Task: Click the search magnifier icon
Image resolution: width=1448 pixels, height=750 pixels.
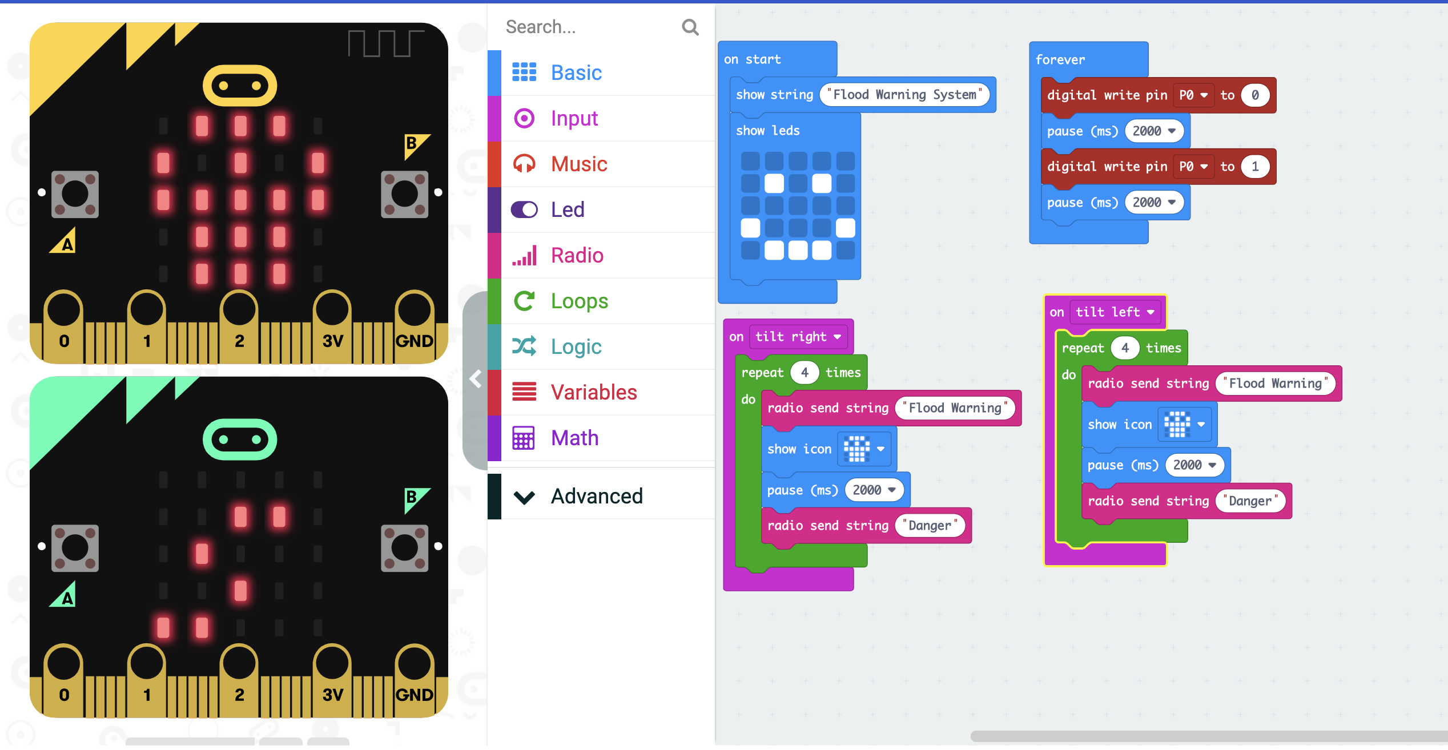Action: pos(690,27)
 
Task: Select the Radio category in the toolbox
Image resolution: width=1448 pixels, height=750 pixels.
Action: pos(577,255)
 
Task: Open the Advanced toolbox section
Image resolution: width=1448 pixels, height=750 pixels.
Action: pos(596,496)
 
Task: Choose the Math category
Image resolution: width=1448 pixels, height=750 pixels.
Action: pos(574,438)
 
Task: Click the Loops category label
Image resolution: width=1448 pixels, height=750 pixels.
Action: pos(579,301)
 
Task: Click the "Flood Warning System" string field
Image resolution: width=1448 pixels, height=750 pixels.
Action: pos(904,95)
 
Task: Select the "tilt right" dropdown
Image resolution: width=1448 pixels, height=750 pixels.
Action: pos(798,337)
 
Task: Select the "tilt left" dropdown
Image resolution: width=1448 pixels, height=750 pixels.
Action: pos(1115,312)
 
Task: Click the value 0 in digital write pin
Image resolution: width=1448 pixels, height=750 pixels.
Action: pos(1254,95)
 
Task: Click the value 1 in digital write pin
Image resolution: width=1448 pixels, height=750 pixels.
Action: pos(1254,167)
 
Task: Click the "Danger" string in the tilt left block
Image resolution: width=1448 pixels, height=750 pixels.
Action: pos(1249,501)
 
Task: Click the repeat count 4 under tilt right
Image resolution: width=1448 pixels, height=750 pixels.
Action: pos(804,373)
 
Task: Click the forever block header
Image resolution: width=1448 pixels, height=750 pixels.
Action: pos(1060,59)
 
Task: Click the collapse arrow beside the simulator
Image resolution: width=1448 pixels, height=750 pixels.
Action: pos(475,378)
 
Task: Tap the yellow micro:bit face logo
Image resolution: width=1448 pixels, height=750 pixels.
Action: pos(240,86)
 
